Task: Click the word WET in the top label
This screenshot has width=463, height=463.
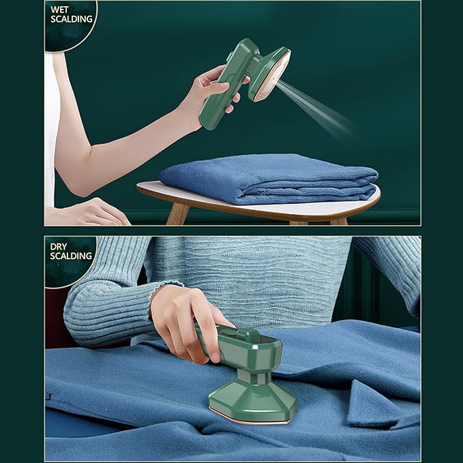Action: pyautogui.click(x=59, y=10)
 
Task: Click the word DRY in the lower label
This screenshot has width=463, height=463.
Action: pyautogui.click(x=59, y=247)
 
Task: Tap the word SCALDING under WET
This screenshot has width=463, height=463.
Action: pyautogui.click(x=72, y=19)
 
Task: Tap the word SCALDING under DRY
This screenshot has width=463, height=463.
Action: pyautogui.click(x=71, y=256)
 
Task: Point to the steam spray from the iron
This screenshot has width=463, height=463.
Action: pyautogui.click(x=316, y=109)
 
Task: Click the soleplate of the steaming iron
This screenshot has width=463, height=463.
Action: pyautogui.click(x=270, y=77)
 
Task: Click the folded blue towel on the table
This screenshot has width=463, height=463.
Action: pyautogui.click(x=269, y=179)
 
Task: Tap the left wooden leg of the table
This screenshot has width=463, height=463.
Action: pyautogui.click(x=178, y=213)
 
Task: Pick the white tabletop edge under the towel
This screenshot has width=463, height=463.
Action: pyautogui.click(x=257, y=207)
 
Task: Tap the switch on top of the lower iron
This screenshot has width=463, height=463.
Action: pyautogui.click(x=249, y=334)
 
